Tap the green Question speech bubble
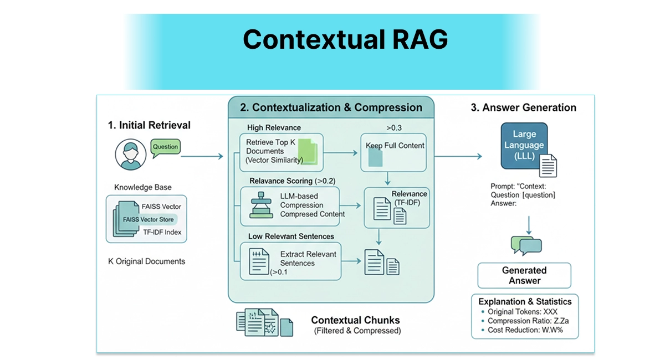(x=165, y=147)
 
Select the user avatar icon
(x=131, y=155)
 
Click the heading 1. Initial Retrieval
(x=149, y=125)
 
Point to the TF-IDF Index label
(x=161, y=232)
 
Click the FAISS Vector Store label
(x=148, y=219)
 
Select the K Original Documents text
(x=146, y=261)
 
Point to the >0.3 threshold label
(x=394, y=128)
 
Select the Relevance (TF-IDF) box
(x=396, y=208)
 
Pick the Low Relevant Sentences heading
(x=291, y=236)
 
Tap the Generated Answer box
(x=524, y=275)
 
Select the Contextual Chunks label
(x=355, y=320)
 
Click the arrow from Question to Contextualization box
(x=202, y=157)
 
